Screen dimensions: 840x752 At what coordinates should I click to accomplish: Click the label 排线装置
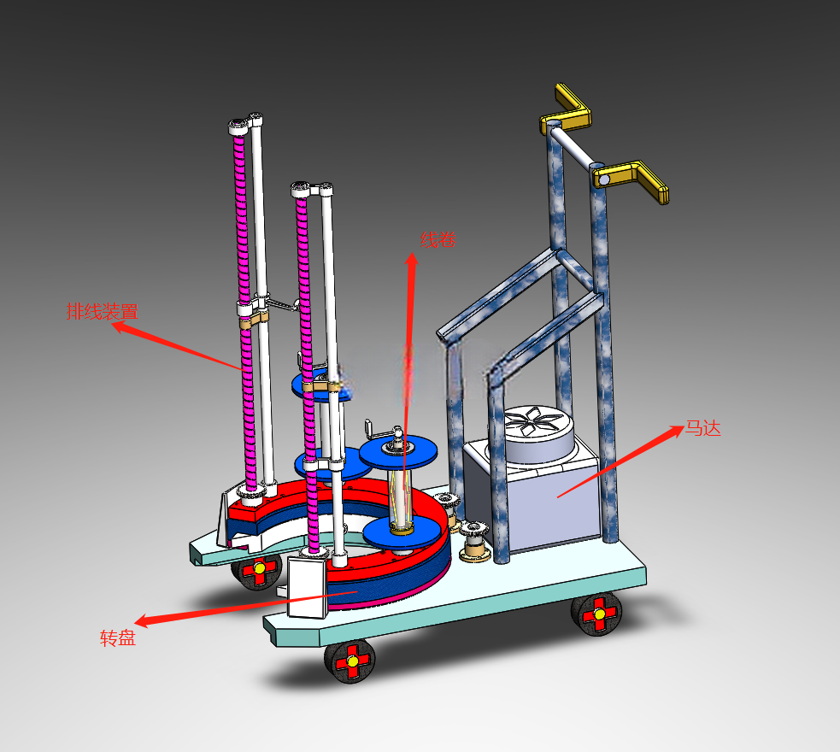pyautogui.click(x=103, y=311)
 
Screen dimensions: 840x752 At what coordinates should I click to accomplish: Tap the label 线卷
pyautogui.click(x=438, y=239)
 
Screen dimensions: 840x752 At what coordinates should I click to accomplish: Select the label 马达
pyautogui.click(x=703, y=428)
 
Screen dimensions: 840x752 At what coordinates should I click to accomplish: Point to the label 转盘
pyautogui.click(x=118, y=637)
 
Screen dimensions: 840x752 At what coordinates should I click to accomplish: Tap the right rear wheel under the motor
pyautogui.click(x=596, y=614)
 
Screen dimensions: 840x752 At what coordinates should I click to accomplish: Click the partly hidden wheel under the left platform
pyautogui.click(x=257, y=571)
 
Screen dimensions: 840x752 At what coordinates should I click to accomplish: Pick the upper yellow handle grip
pyautogui.click(x=571, y=109)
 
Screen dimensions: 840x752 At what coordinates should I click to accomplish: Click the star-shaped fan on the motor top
pyautogui.click(x=532, y=420)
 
